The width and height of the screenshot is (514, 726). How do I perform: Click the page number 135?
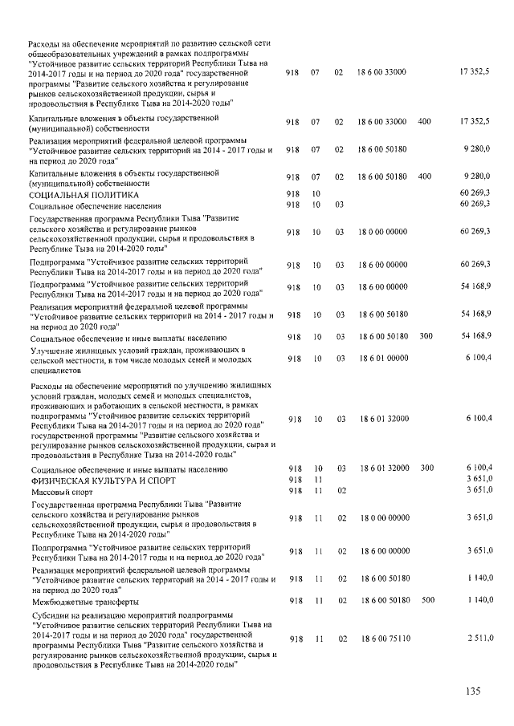click(x=473, y=692)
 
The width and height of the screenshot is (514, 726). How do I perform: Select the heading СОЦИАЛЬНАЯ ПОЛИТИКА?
click(x=84, y=195)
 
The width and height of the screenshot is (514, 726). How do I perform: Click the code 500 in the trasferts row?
click(x=426, y=600)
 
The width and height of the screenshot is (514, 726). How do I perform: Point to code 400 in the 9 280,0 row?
click(x=425, y=176)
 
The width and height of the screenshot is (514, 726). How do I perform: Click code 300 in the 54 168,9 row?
click(x=426, y=336)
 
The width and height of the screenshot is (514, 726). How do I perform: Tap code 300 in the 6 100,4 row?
click(x=426, y=468)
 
